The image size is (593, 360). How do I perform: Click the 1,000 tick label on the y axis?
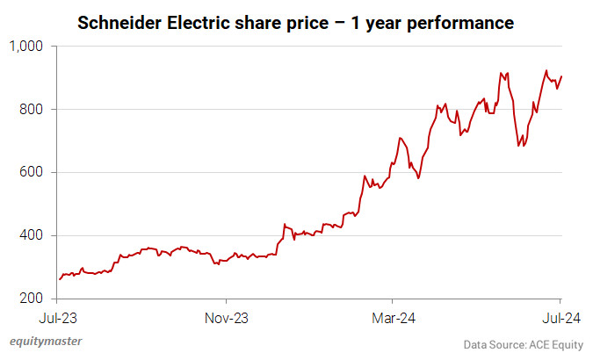click(x=28, y=46)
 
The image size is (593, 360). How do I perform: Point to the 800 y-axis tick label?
click(x=33, y=109)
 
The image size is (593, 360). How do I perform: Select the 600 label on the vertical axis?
click(x=33, y=172)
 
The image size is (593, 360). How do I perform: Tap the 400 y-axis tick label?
click(x=33, y=235)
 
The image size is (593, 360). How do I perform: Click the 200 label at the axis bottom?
click(x=33, y=299)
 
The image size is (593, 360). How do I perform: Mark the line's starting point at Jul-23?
click(x=59, y=279)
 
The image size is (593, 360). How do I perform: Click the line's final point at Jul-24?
click(x=560, y=76)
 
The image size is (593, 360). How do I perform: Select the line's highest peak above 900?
click(x=546, y=71)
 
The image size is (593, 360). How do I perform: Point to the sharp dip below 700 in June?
click(x=521, y=146)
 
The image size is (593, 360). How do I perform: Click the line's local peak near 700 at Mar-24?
click(x=400, y=138)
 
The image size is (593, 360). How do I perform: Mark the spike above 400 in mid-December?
click(x=284, y=225)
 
